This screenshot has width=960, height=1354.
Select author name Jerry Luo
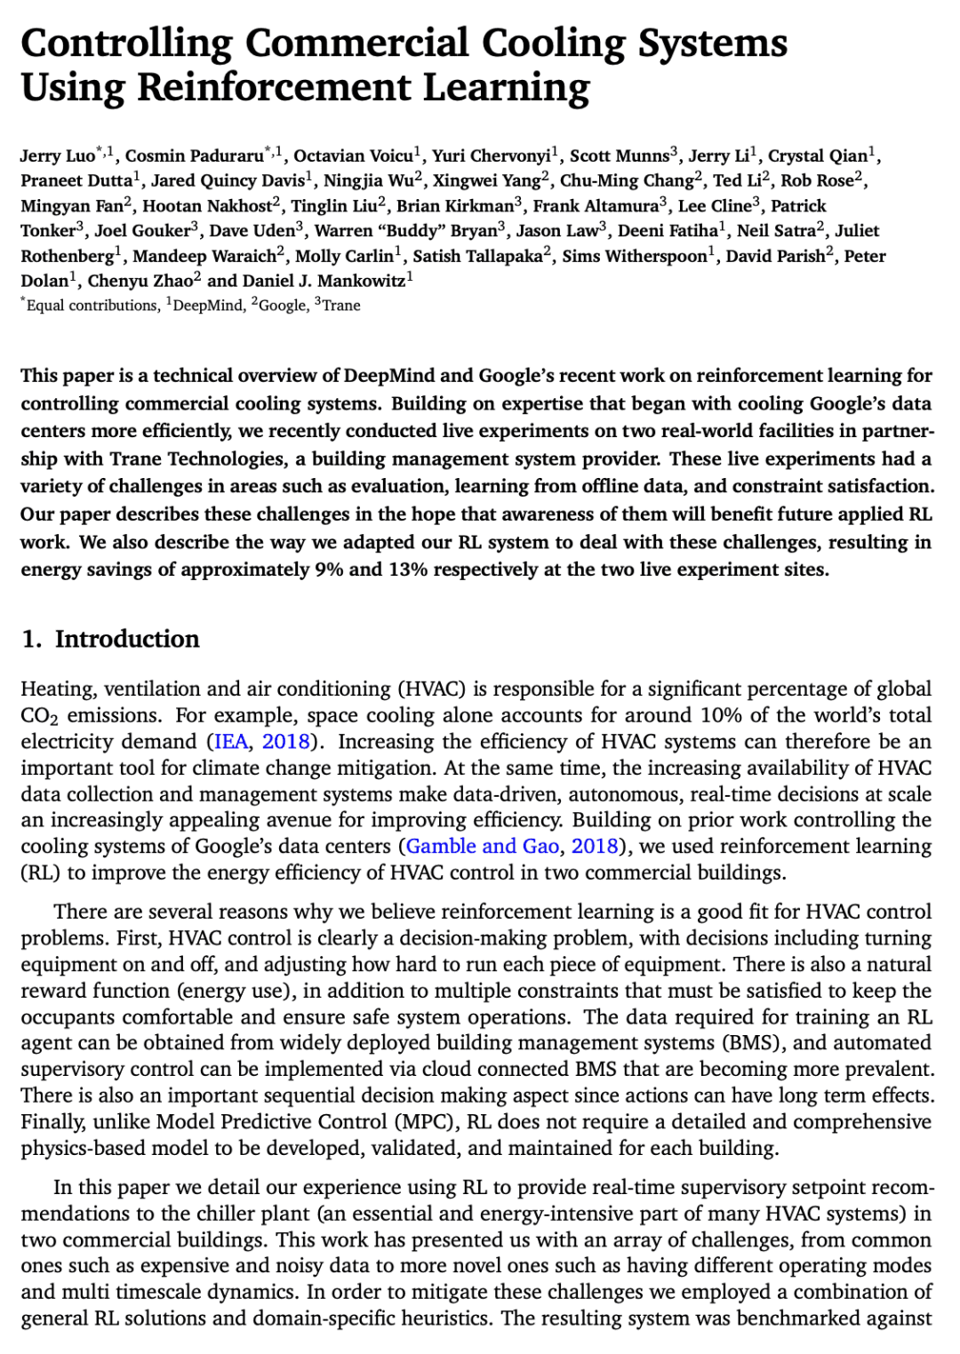pyautogui.click(x=57, y=156)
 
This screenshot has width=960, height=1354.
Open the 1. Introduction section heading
pyautogui.click(x=110, y=639)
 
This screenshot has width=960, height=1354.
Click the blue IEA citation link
pyautogui.click(x=231, y=742)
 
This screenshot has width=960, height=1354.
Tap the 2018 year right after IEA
pyautogui.click(x=285, y=742)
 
